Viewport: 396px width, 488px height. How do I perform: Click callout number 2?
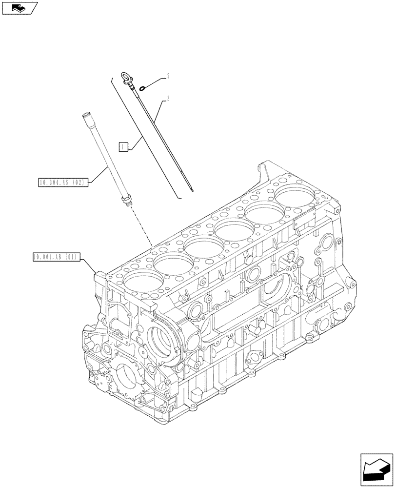pyautogui.click(x=168, y=76)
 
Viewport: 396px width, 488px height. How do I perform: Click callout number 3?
pyautogui.click(x=168, y=99)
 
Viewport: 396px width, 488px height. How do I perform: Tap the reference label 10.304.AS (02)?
pyautogui.click(x=62, y=183)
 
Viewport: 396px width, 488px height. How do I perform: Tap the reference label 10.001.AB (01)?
pyautogui.click(x=56, y=256)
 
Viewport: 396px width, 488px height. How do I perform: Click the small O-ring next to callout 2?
pyautogui.click(x=141, y=88)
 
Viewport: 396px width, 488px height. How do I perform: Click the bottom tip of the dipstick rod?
pyautogui.click(x=193, y=190)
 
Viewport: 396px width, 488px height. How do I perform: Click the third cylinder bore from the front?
pyautogui.click(x=204, y=246)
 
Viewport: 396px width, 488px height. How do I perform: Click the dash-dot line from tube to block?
pyautogui.click(x=141, y=227)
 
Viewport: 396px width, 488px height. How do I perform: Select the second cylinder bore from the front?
pyautogui.click(x=173, y=264)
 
